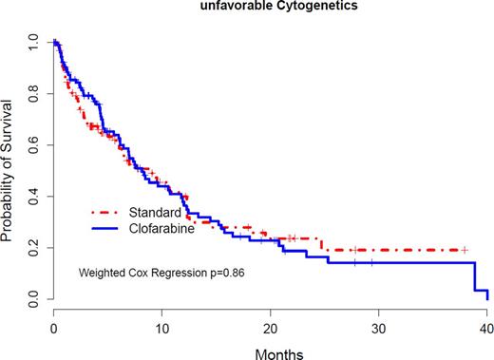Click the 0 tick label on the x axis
(53, 326)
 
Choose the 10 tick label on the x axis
(161, 326)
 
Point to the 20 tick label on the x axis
(271, 326)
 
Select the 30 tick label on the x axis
(379, 326)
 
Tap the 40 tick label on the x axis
(487, 326)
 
